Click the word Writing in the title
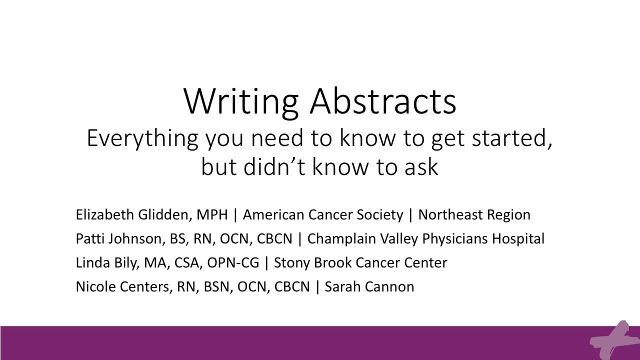241,102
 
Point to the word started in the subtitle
511,138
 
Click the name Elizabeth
105,214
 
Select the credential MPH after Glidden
212,215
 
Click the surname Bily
126,263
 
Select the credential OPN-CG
233,263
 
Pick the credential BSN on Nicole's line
216,287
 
